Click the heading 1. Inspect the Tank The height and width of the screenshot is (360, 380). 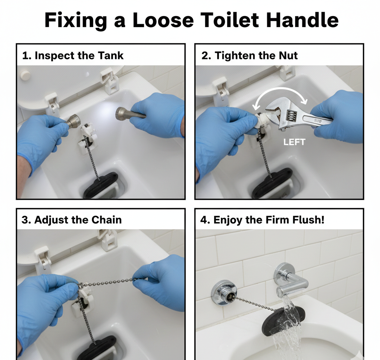tap(73, 56)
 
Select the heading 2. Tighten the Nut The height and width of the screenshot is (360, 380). tap(249, 56)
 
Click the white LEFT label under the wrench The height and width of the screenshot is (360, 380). tap(294, 142)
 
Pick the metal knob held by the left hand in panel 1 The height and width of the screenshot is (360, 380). tap(74, 121)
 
